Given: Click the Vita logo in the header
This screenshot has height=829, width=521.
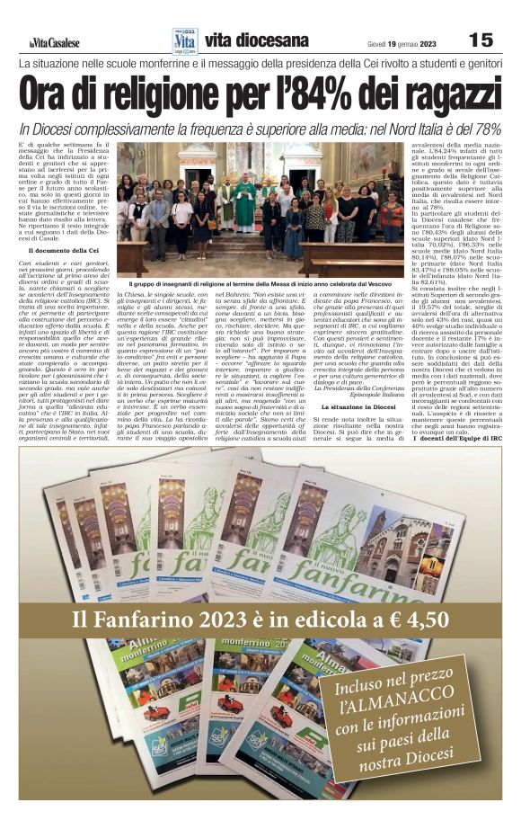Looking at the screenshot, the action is click(x=183, y=40).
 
